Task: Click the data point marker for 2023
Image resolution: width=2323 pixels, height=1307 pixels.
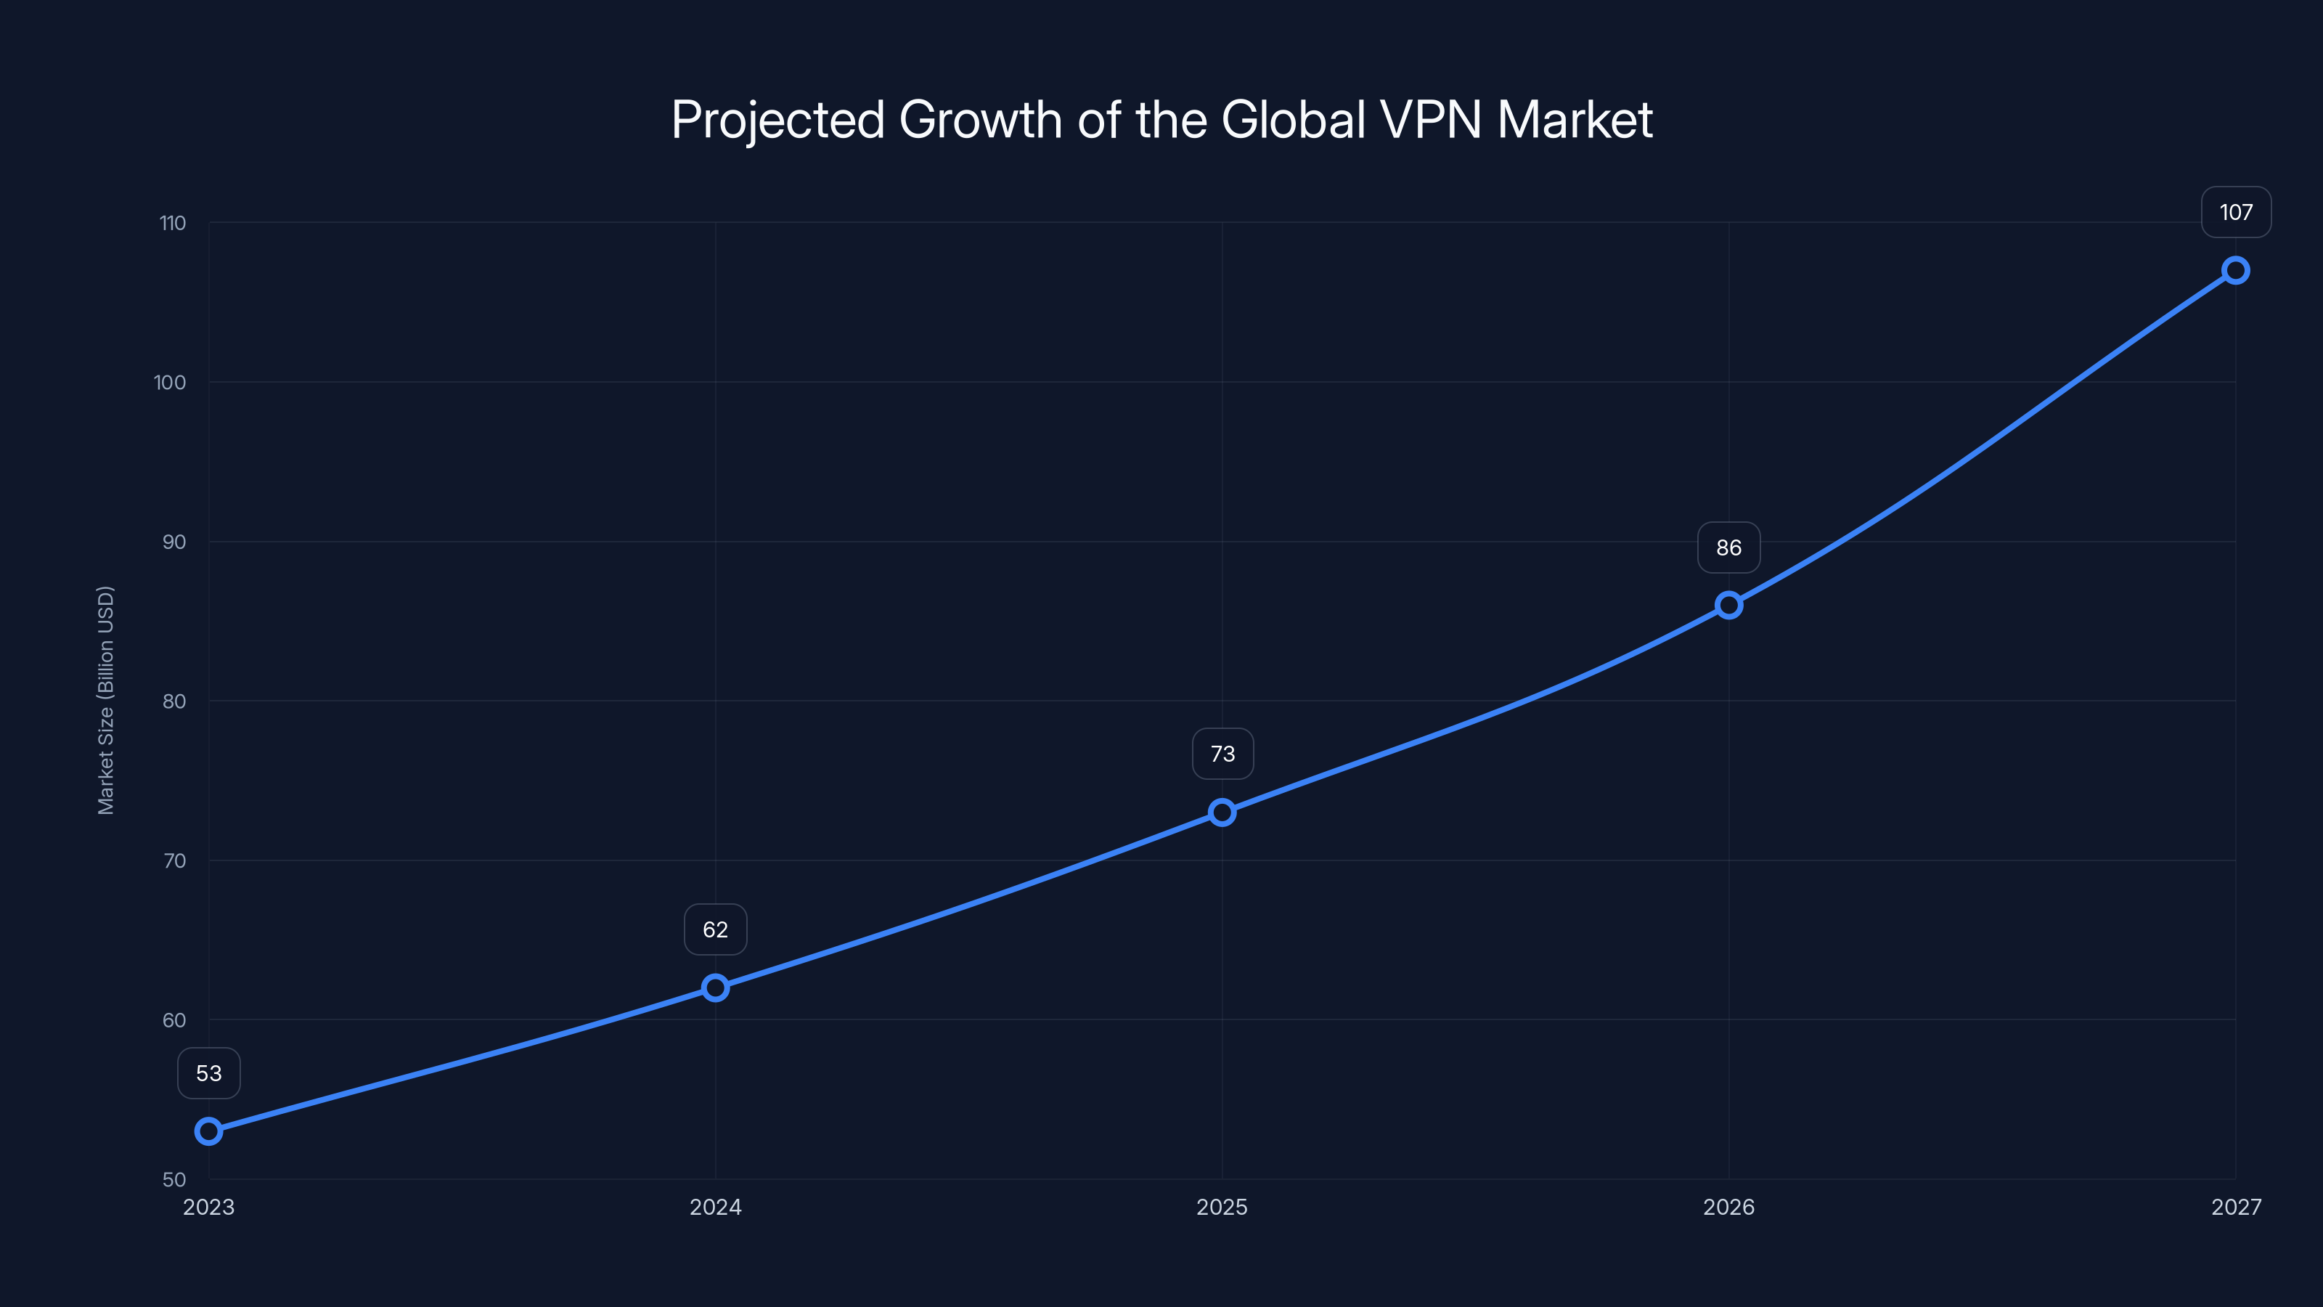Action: coord(208,1131)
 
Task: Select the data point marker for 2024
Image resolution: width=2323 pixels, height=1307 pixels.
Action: coord(715,988)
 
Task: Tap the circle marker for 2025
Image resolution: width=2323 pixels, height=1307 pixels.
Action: coord(1222,812)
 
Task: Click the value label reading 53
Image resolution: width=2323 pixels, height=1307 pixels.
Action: coord(208,1073)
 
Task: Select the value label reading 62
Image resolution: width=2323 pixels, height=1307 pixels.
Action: coord(715,929)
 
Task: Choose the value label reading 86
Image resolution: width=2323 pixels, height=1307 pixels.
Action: coord(1728,547)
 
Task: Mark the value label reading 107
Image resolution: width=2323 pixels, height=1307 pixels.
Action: coord(2236,212)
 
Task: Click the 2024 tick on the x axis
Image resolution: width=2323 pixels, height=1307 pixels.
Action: coord(715,1207)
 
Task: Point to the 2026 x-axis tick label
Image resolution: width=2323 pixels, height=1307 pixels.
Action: coord(1728,1207)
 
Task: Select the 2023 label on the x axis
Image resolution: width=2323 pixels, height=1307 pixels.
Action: coord(208,1207)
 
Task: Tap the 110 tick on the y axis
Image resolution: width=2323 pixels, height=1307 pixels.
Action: coord(172,223)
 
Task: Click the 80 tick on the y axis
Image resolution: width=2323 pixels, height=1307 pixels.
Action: coord(174,701)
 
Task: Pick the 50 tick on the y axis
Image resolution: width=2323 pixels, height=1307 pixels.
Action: coord(174,1179)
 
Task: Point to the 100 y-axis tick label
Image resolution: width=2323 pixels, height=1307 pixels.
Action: coord(170,383)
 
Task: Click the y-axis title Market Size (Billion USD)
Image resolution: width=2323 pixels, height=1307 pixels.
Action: coord(105,700)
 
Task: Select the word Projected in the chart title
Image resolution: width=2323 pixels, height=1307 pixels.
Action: coord(777,121)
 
